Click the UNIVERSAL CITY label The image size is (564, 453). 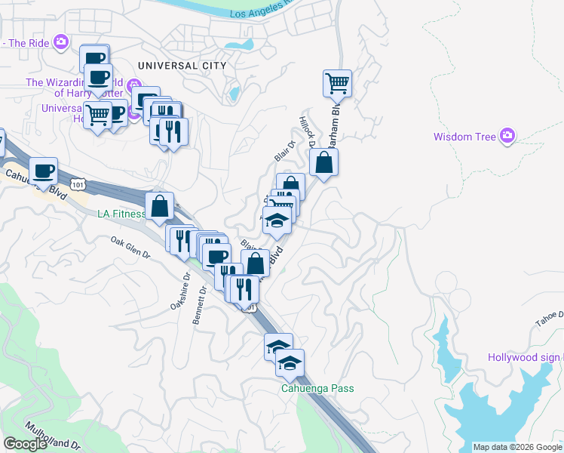point(182,66)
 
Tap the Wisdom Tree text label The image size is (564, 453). point(464,137)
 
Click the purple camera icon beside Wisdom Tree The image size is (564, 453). point(507,135)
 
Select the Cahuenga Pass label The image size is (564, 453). point(317,388)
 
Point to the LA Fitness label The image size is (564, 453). point(121,214)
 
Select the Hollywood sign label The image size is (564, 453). point(525,357)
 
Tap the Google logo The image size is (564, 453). point(25,443)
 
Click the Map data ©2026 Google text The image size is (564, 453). point(517,447)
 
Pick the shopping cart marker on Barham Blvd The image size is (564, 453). point(337,83)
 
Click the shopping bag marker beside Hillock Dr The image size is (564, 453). point(323,162)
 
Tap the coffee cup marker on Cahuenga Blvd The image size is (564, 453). point(43,171)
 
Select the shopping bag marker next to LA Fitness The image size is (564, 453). point(160,206)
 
